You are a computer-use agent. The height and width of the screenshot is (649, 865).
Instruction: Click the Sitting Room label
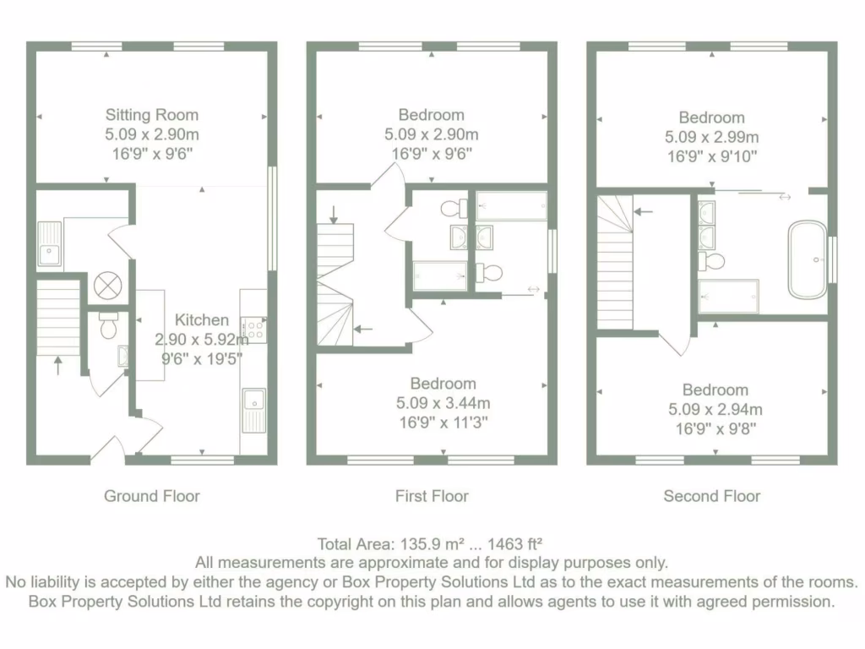[x=152, y=115]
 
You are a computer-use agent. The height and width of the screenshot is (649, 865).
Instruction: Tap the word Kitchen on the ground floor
[x=202, y=320]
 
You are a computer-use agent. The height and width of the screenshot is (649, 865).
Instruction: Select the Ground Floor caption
[x=152, y=496]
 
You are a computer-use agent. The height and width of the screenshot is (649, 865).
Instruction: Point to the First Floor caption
[x=432, y=496]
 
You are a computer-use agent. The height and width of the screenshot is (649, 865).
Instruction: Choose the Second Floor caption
[x=712, y=496]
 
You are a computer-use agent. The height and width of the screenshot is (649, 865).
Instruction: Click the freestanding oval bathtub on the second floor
[x=808, y=259]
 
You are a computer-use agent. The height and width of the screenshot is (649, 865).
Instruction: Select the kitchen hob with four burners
[x=253, y=329]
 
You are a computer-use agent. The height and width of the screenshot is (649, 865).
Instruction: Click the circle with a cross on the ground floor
[x=108, y=286]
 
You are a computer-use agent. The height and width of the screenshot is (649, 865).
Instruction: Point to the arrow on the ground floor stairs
[x=57, y=365]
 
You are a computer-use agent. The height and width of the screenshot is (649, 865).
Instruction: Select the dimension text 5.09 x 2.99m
[x=712, y=137]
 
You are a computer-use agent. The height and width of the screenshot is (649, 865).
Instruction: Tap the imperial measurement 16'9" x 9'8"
[x=715, y=428]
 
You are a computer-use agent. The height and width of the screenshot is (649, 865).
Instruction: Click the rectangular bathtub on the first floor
[x=511, y=205]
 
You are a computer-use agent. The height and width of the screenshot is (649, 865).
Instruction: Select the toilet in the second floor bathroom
[x=713, y=261]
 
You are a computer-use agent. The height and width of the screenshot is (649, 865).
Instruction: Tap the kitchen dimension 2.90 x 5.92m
[x=202, y=339]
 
